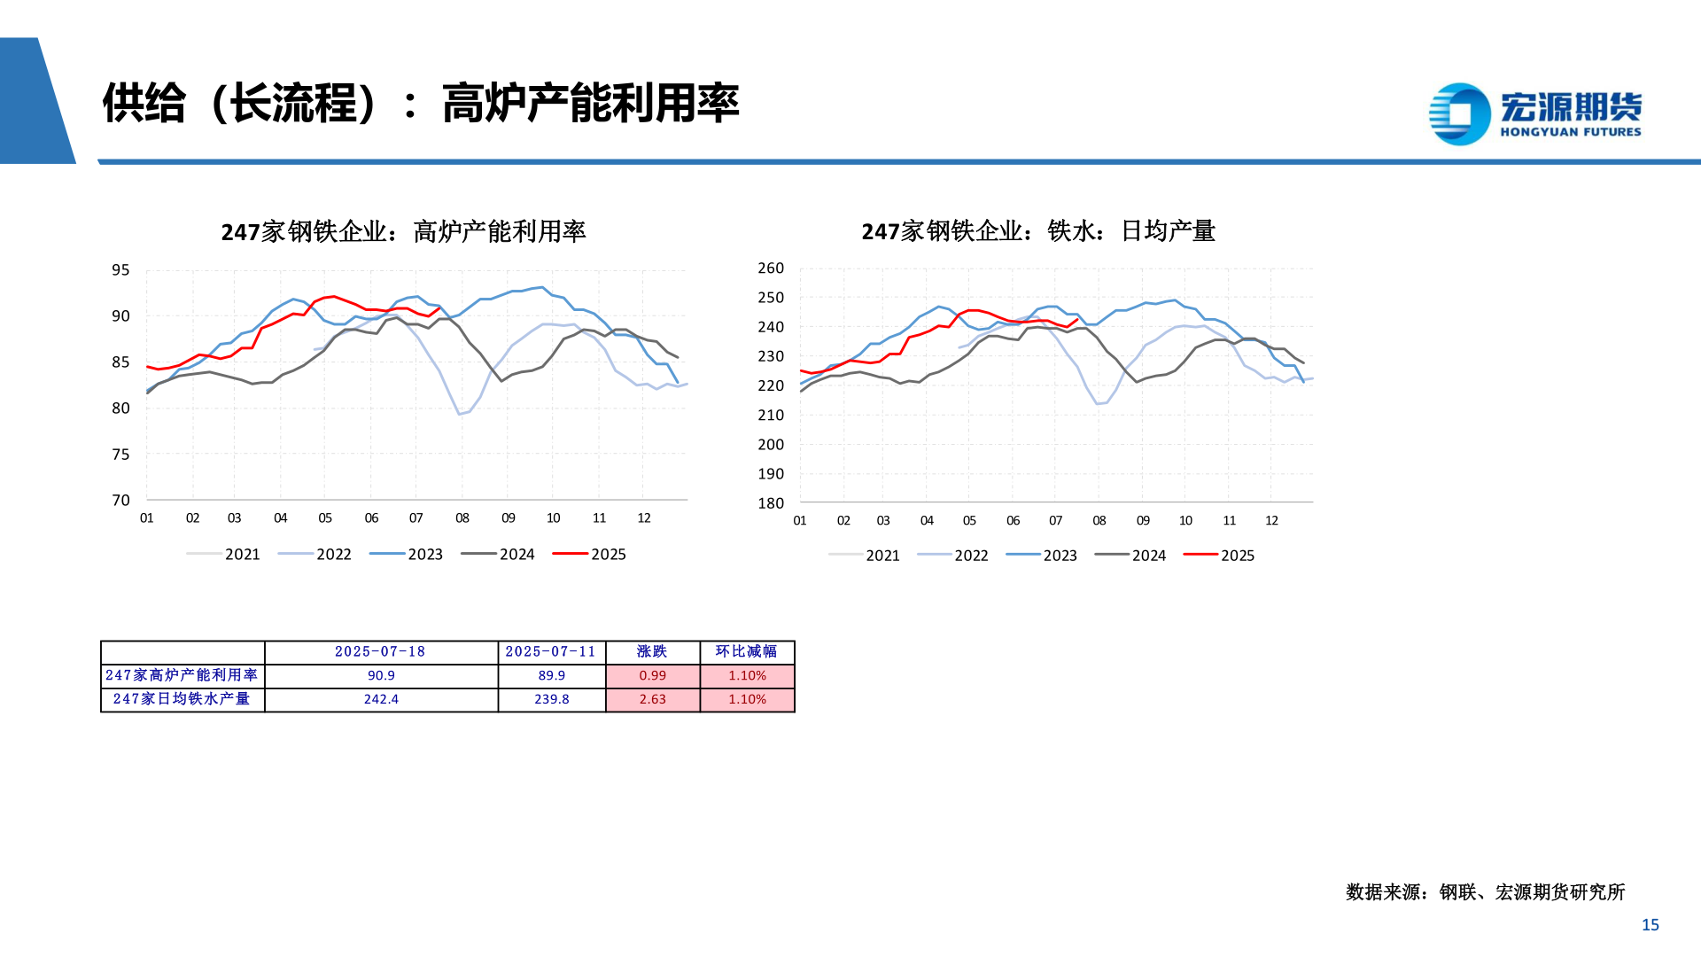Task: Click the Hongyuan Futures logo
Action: coord(1535,113)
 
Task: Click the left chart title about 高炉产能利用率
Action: coord(403,232)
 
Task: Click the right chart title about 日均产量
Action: coord(1037,231)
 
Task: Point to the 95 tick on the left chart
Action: coord(120,270)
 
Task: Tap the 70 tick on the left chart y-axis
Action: coord(120,501)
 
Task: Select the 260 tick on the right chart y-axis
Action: coord(771,268)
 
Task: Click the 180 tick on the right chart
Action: coord(771,503)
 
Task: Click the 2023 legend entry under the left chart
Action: coord(407,555)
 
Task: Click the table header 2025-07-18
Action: coord(380,652)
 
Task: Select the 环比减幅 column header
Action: coord(746,652)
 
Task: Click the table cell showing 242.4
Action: coord(381,700)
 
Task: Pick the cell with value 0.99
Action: coord(652,676)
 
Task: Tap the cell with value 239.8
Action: coord(551,700)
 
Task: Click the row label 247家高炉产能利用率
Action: coord(182,676)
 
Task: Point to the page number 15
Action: coord(1650,925)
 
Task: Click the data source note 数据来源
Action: coord(1485,892)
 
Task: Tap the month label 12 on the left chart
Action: coord(644,518)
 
